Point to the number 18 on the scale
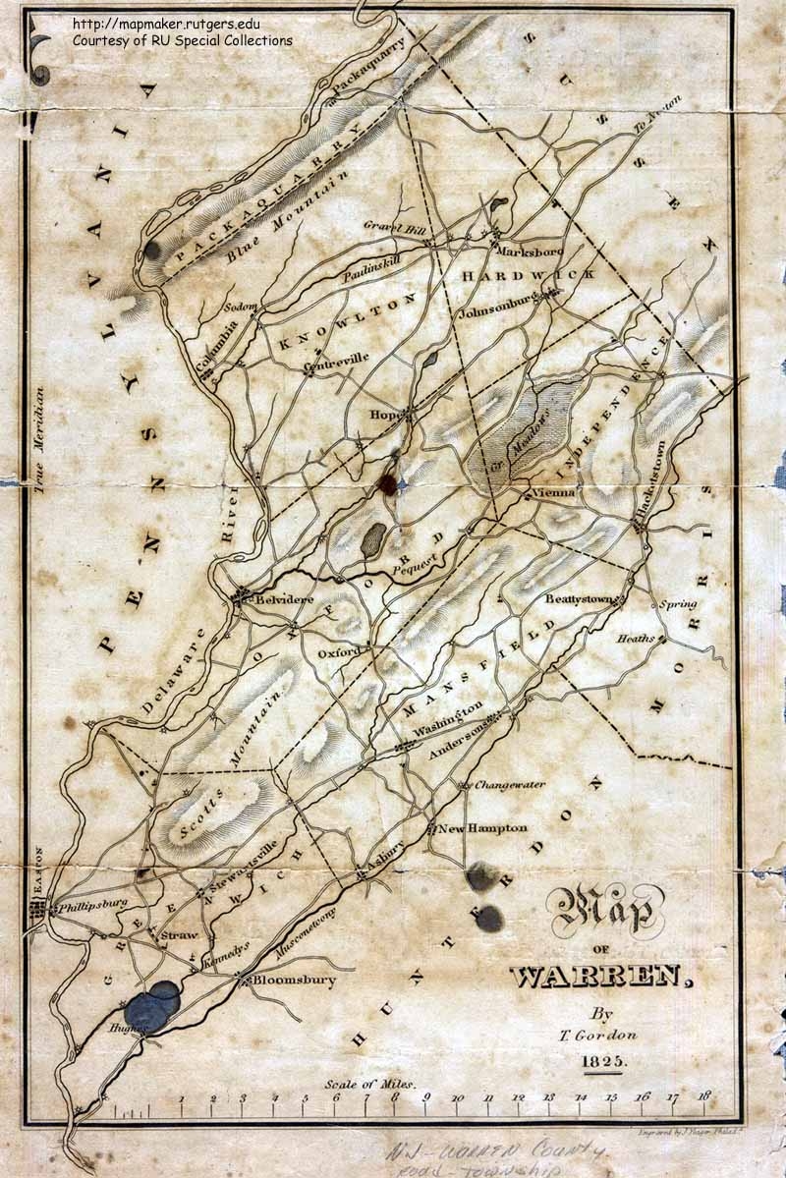(704, 1095)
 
